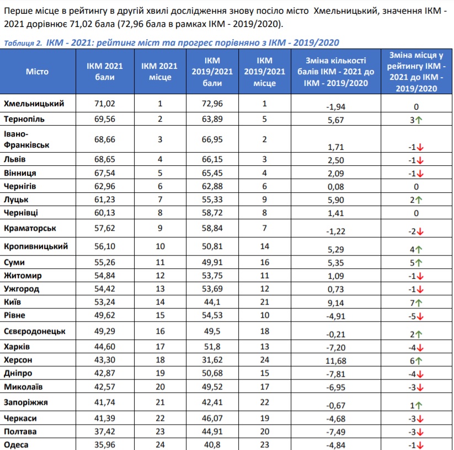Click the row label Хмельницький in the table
34,104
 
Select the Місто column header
37,72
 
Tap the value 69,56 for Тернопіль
104,119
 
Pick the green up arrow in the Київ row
418,303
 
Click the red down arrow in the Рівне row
420,317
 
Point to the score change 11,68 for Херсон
335,361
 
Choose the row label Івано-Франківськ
26,139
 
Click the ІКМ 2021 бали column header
104,72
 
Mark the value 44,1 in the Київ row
212,302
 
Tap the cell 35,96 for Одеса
104,444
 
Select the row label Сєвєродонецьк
34,331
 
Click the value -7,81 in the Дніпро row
335,374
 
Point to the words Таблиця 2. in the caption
23,43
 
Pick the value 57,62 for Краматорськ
104,228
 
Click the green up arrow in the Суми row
418,263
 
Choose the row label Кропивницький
36,246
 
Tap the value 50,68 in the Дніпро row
212,373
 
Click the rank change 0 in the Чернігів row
416,187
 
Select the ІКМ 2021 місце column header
159,72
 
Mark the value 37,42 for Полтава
104,431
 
